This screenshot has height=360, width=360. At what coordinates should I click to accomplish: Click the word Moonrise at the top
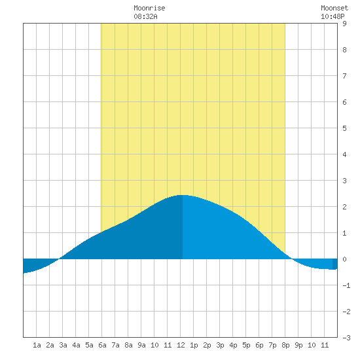tap(149, 8)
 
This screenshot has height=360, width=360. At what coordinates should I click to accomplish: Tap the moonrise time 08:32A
tap(145, 16)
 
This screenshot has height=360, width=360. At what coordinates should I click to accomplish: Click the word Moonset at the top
tap(334, 8)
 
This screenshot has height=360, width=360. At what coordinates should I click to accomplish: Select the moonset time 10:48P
tap(333, 16)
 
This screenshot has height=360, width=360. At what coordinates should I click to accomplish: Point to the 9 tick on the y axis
tap(344, 24)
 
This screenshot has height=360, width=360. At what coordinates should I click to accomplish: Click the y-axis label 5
tap(344, 128)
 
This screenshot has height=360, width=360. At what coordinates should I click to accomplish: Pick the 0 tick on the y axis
tap(344, 259)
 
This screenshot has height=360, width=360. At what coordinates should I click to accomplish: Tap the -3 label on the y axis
tap(346, 338)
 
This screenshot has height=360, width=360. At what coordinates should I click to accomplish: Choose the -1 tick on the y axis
tap(346, 285)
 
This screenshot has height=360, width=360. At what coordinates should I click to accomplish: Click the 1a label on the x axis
tap(37, 345)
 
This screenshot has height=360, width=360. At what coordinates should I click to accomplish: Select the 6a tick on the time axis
tap(102, 345)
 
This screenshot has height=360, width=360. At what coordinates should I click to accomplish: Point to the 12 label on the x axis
tap(181, 345)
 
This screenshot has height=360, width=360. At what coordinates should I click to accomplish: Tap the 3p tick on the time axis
tap(220, 345)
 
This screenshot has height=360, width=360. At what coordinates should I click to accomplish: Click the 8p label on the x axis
tap(285, 345)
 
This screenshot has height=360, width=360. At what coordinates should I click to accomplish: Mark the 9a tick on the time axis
tap(141, 345)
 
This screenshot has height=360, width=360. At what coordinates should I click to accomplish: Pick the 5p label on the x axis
tap(246, 345)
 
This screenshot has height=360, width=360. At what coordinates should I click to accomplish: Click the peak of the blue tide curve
tap(183, 195)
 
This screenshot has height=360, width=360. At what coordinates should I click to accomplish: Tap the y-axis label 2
tap(344, 207)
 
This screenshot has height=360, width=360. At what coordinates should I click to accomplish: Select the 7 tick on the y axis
tap(344, 76)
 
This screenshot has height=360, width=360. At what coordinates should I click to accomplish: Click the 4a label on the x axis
tap(76, 345)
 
